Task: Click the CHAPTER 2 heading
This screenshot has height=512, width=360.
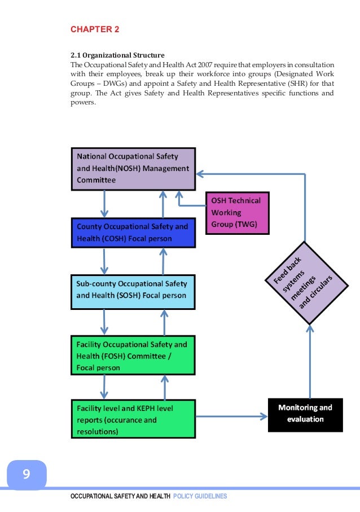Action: click(x=95, y=29)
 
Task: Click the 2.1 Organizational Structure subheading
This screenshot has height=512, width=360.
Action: click(x=117, y=55)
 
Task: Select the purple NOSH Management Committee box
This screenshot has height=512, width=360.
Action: click(x=133, y=168)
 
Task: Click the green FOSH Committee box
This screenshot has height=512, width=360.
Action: click(x=133, y=356)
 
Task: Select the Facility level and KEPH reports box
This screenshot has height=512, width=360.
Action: click(x=133, y=419)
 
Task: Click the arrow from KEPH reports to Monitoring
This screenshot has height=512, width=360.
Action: click(x=231, y=417)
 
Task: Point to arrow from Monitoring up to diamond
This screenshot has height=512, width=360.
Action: click(x=309, y=361)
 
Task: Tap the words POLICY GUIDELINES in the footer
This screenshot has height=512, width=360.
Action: click(x=200, y=496)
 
